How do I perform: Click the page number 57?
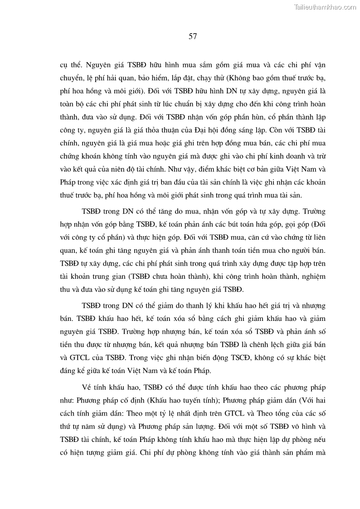192,36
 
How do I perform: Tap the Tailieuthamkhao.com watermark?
326,7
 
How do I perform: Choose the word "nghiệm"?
311,276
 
